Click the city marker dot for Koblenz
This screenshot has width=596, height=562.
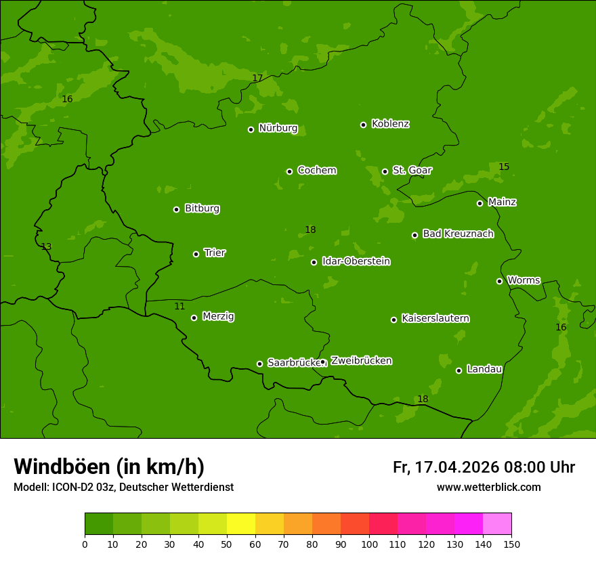coord(363,125)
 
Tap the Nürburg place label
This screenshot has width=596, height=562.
coord(278,128)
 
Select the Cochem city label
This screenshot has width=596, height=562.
coord(316,170)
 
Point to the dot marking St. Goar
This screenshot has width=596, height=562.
coord(385,171)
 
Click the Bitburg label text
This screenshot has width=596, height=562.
coord(202,209)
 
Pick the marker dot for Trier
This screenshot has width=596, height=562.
coord(196,254)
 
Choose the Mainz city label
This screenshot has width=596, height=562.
coord(502,202)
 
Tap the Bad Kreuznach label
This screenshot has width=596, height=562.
coord(458,234)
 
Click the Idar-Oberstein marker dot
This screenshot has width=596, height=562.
coord(314,262)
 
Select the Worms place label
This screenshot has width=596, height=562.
coord(524,280)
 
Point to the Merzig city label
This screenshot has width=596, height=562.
coord(218,316)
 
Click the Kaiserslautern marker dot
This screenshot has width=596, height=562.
coord(393,320)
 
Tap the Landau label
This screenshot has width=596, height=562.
coord(484,369)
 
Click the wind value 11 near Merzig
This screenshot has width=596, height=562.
coord(179,307)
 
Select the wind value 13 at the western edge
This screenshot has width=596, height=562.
coord(46,247)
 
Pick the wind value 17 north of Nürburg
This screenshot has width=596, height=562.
coord(257,79)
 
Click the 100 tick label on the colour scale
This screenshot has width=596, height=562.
coord(369,544)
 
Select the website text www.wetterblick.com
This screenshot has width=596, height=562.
coord(488,487)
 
